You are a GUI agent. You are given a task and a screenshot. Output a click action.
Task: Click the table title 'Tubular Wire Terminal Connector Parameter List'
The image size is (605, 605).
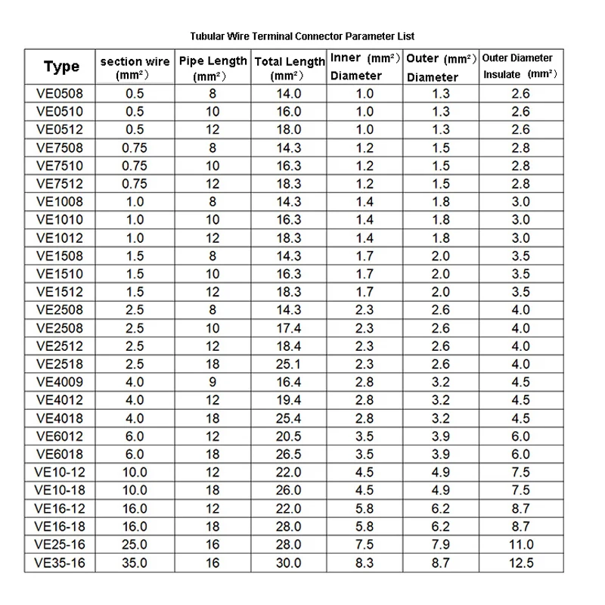[302, 36]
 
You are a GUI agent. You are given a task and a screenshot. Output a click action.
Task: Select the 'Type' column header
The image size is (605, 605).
[61, 67]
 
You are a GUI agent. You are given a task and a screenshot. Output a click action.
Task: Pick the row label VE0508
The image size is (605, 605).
[60, 94]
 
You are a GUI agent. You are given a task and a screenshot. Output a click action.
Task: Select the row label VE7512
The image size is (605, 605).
[60, 184]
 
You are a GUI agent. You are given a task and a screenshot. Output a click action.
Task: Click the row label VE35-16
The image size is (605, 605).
[60, 563]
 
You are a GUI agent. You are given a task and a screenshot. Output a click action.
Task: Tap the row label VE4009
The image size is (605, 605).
[60, 383]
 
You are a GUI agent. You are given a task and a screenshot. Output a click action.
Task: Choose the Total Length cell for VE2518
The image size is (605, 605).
[289, 365]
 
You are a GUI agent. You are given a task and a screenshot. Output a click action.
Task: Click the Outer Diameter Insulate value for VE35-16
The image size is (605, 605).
[521, 563]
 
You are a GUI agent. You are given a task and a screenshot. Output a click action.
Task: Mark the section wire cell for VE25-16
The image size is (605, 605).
[135, 544]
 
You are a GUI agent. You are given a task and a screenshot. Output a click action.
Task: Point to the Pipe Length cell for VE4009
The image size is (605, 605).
[213, 383]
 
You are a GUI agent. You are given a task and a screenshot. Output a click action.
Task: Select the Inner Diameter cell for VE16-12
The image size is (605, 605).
[365, 509]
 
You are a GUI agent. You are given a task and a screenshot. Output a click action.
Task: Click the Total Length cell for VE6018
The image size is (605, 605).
[289, 455]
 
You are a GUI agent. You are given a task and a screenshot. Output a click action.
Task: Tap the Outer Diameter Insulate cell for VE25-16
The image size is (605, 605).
[521, 544]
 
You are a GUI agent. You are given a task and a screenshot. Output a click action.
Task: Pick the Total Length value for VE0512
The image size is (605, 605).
[289, 130]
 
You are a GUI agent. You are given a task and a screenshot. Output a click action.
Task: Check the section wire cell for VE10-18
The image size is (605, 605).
[135, 491]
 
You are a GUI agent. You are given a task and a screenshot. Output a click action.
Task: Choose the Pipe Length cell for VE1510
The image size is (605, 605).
[213, 275]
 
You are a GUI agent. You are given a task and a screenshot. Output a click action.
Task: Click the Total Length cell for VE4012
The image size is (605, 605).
[289, 401]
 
